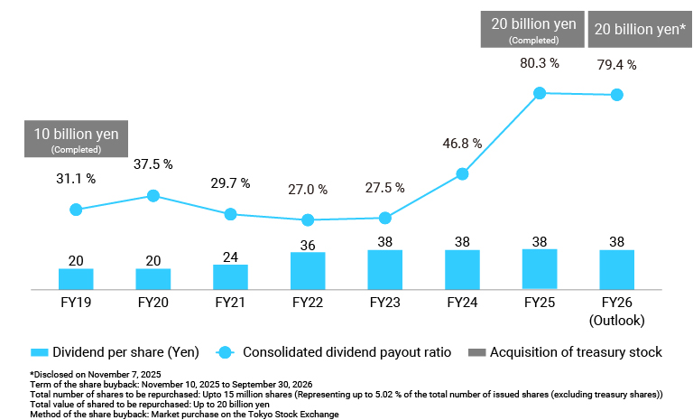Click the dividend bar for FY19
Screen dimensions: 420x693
click(76, 278)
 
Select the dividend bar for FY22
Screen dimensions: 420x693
click(308, 270)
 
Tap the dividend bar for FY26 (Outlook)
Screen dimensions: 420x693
click(616, 269)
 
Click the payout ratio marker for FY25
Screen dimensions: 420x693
click(540, 92)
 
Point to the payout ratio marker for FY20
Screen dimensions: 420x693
click(153, 196)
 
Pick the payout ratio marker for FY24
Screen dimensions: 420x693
click(462, 173)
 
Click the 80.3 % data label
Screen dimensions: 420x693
click(540, 64)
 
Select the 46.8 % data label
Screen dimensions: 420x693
click(462, 144)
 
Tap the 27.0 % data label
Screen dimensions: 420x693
click(308, 191)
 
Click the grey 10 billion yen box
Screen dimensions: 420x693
click(76, 139)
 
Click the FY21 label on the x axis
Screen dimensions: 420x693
click(230, 303)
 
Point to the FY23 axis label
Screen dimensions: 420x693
click(384, 303)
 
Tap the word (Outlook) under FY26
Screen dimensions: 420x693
click(616, 320)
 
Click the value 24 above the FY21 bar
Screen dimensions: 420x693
click(230, 257)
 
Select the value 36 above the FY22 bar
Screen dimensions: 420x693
click(308, 245)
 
